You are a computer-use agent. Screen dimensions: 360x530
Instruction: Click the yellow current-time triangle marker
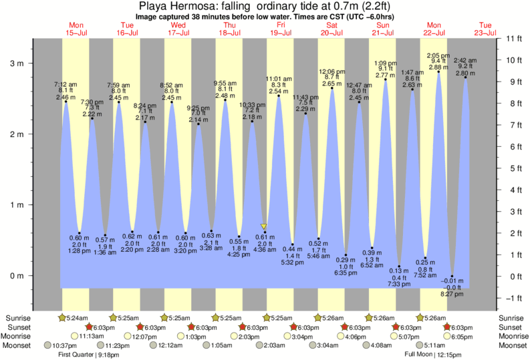coord(264,227)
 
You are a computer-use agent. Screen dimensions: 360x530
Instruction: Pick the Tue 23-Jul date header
coord(485,29)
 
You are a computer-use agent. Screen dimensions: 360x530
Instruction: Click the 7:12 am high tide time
coord(65,85)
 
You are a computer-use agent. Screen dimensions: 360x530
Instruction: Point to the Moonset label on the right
coord(513,346)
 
